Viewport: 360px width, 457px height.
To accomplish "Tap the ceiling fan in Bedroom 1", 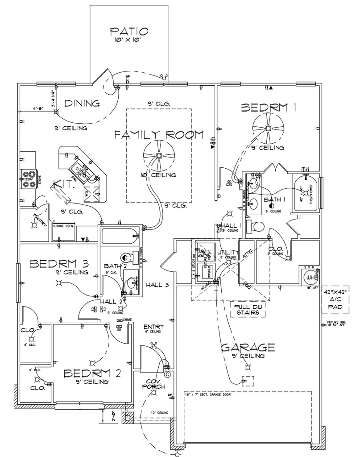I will [268, 128].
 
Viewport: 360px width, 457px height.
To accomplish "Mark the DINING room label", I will [82, 104].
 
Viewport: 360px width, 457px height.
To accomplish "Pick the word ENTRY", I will [153, 326].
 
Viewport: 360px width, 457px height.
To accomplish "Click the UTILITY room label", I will [228, 253].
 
